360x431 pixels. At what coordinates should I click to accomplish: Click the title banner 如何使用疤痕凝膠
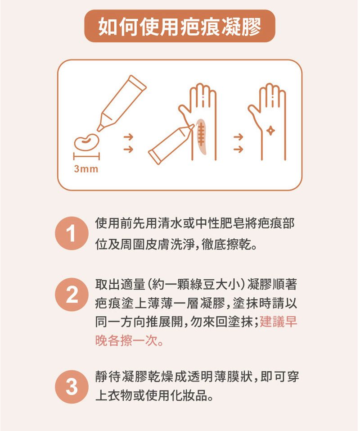(x=180, y=27)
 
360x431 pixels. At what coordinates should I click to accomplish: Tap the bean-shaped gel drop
(x=86, y=141)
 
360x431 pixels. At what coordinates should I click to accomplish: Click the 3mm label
(x=85, y=169)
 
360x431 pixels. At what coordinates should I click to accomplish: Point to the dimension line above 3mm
(x=85, y=156)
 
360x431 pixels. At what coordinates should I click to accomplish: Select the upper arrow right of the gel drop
(x=128, y=136)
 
